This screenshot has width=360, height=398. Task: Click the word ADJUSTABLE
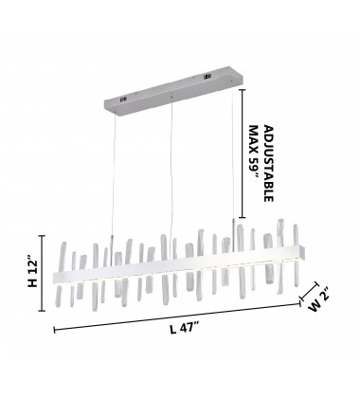268,163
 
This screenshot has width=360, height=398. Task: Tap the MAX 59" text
254,153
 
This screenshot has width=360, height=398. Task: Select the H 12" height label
32,273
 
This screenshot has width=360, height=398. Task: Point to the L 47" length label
185,328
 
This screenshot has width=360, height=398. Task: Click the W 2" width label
319,298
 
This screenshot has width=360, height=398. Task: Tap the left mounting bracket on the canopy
123,99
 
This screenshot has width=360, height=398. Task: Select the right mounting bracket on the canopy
207,77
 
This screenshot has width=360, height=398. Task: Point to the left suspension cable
113,176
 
